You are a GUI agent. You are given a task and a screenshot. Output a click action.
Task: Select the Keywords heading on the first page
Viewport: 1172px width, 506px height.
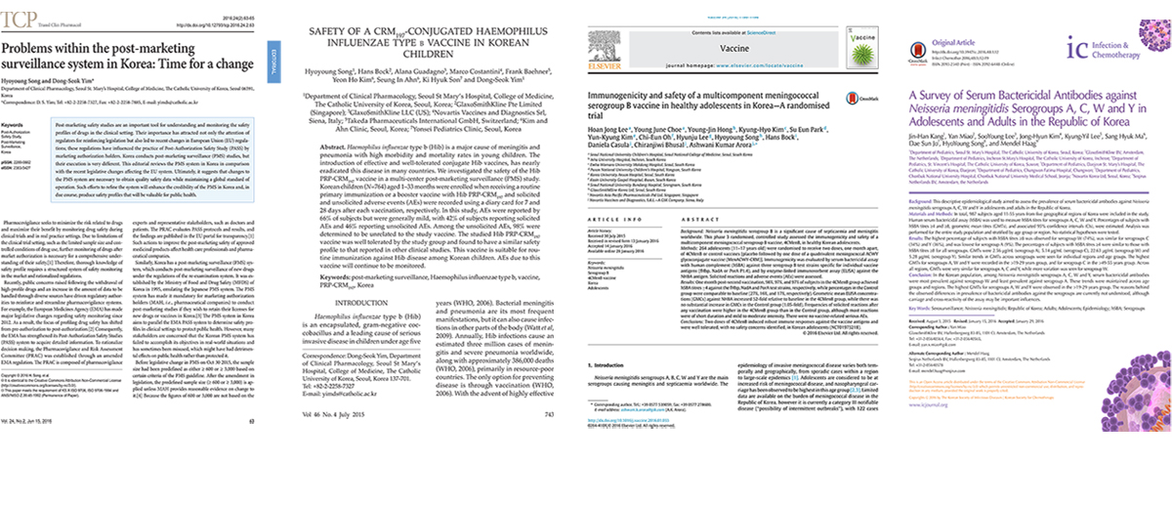tap(16, 127)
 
